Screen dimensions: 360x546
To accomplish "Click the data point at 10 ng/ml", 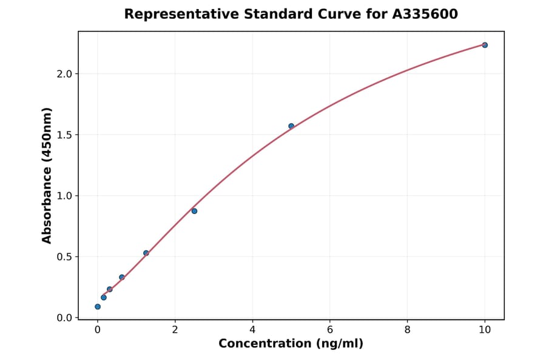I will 485,45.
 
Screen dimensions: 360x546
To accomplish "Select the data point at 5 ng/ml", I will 291,126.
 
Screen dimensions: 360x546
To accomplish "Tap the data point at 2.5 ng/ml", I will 194,211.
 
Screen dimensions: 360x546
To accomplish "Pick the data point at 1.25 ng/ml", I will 146,253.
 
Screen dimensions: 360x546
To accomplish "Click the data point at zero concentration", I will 98,307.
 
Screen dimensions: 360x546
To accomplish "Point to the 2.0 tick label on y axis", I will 64,74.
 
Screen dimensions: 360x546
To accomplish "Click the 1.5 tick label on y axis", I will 64,135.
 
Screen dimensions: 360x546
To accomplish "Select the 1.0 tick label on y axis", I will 64,196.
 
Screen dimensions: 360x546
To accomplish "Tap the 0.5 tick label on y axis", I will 64,257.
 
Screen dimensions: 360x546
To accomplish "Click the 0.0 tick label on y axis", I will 64,318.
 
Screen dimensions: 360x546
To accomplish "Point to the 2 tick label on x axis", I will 175,330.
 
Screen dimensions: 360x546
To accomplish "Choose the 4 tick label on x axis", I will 252,330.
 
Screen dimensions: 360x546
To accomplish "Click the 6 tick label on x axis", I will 330,330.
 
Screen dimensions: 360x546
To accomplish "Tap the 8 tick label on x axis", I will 407,330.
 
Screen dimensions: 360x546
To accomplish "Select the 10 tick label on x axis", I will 485,330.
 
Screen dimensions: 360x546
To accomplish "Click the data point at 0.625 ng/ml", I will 122,277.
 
